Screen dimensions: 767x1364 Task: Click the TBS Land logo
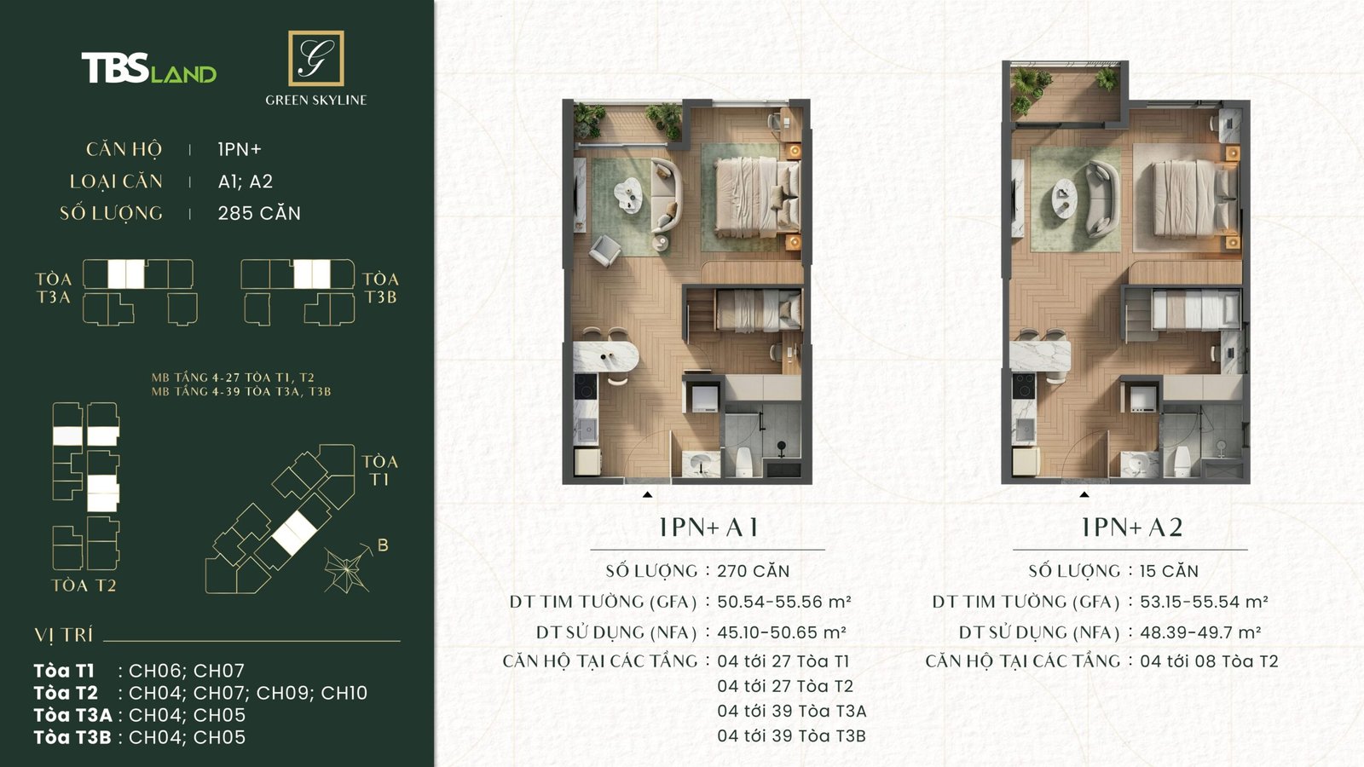148,68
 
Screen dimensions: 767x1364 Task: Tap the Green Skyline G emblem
315,58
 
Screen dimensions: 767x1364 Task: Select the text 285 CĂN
259,213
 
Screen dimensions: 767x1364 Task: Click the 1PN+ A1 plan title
708,528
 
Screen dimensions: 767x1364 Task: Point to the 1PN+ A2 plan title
1131,528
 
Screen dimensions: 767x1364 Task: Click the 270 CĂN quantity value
753,571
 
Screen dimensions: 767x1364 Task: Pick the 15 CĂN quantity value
1169,571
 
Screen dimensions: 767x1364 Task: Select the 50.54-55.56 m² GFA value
783,602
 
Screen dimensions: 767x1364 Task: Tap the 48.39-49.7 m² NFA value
1200,632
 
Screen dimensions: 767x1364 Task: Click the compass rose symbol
347,568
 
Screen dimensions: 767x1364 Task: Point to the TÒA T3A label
53,288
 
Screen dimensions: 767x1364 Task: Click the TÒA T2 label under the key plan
84,585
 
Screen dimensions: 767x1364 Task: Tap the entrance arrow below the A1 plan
648,494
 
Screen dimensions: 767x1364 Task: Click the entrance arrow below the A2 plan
1084,494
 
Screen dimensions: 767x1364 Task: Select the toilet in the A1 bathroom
743,461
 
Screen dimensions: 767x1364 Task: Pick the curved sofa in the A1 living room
666,195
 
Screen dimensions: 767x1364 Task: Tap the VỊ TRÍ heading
64,635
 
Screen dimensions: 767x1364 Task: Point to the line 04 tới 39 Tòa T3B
791,735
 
